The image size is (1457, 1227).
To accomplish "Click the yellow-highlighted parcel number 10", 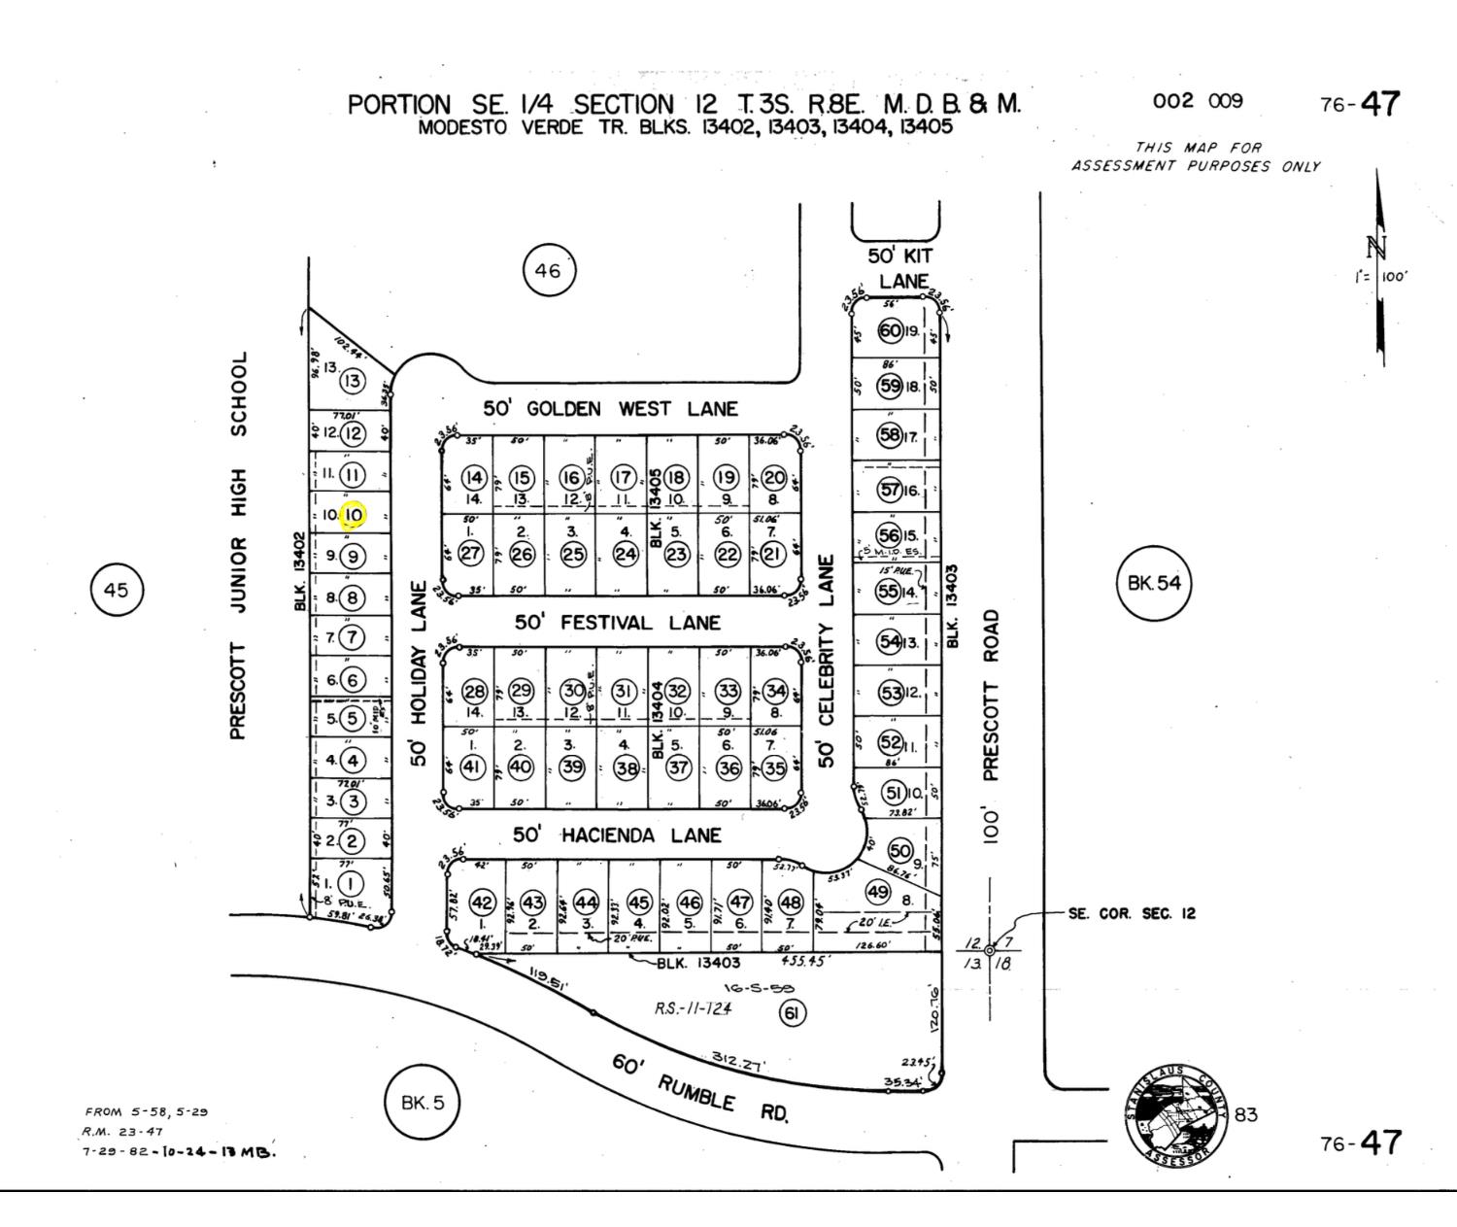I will click(353, 515).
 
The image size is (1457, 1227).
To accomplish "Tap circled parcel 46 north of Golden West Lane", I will click(548, 270).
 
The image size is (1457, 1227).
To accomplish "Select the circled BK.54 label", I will click(1154, 583).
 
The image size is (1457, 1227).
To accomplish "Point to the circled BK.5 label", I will click(422, 1102).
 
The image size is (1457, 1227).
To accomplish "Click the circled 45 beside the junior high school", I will click(116, 590).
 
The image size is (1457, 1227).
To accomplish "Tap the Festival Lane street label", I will click(618, 623).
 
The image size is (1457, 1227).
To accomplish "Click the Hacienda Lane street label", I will click(617, 835).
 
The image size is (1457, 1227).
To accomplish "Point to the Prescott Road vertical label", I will click(990, 729).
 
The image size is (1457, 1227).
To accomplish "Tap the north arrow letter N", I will click(1375, 246).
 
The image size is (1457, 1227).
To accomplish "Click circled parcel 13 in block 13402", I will click(352, 381).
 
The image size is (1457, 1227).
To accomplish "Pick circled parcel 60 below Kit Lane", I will click(890, 330).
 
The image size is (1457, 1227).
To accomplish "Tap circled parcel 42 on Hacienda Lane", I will click(483, 903).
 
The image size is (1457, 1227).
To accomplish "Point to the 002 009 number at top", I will click(1197, 101).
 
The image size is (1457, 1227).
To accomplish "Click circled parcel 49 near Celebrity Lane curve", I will click(878, 892).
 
